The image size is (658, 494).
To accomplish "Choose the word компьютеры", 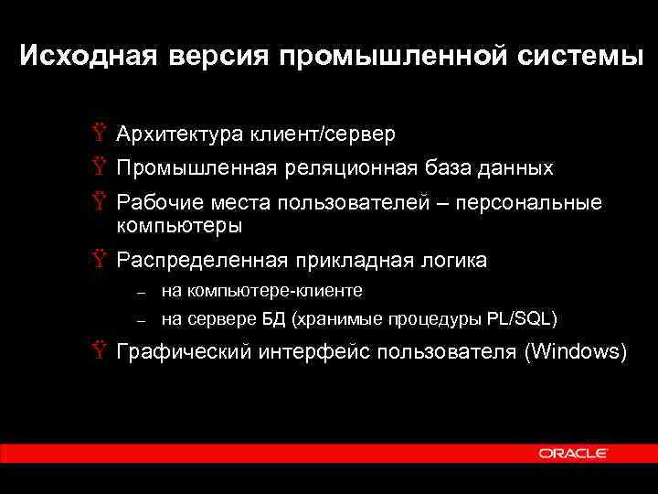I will (x=179, y=224).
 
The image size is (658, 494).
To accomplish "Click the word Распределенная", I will (x=200, y=261).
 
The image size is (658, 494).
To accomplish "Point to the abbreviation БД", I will (x=273, y=319).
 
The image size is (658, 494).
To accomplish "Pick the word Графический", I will (x=184, y=352).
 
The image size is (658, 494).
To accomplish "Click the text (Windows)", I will (x=574, y=352).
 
